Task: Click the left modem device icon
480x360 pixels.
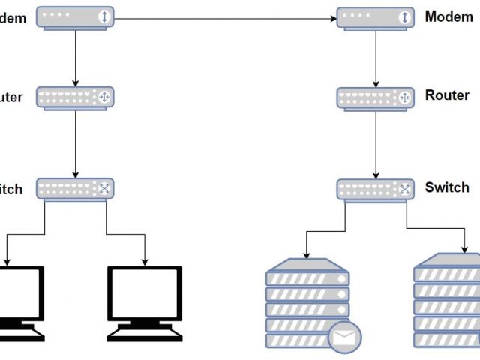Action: [x=75, y=17]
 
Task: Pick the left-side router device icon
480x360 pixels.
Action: [x=75, y=97]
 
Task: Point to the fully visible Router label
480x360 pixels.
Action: [x=447, y=95]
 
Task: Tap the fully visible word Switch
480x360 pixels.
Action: [x=447, y=187]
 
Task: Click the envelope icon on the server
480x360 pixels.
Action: [x=344, y=337]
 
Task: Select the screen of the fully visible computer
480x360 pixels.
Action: [x=145, y=293]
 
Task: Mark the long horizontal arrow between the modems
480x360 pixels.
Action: [x=225, y=17]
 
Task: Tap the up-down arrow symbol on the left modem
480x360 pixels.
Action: [x=104, y=16]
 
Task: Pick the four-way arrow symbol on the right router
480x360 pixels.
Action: [x=404, y=97]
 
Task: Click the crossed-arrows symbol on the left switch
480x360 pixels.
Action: [x=104, y=188]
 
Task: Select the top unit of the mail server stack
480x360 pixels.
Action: [x=307, y=277]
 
